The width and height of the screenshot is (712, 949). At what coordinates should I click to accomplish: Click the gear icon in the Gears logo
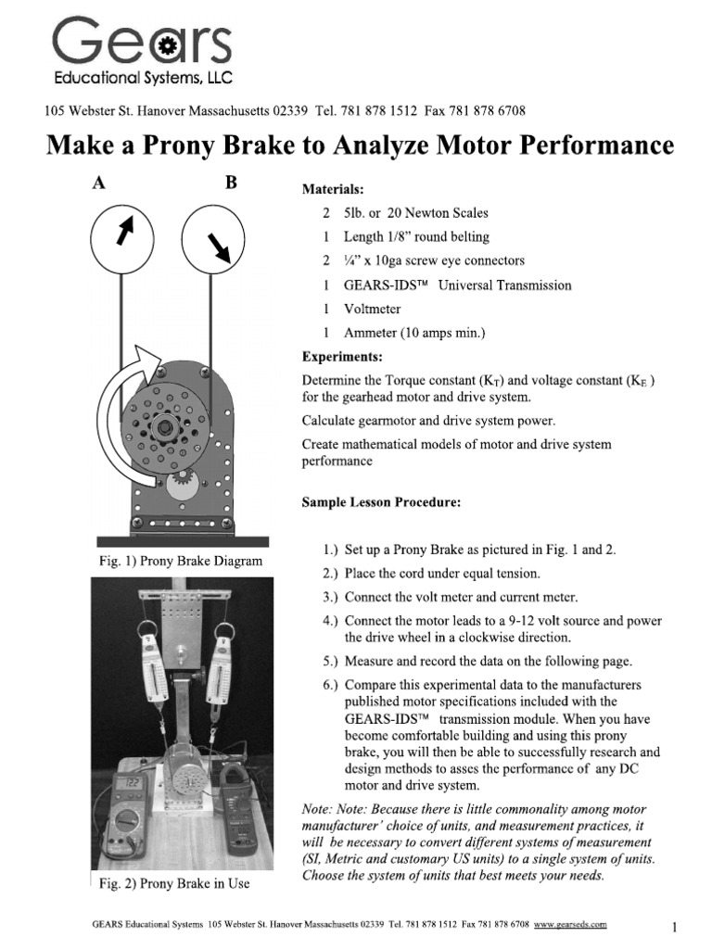coord(166,44)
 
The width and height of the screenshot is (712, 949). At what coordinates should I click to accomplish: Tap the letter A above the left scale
coord(97,183)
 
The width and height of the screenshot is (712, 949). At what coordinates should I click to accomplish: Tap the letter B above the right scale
coord(231,183)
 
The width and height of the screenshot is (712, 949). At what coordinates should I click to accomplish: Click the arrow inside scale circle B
coord(221,246)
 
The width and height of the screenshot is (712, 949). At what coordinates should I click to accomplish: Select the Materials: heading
coord(337,189)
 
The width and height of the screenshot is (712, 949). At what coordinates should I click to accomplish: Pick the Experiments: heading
coord(342,356)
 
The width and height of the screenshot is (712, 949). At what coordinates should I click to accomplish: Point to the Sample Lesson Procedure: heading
coord(381,502)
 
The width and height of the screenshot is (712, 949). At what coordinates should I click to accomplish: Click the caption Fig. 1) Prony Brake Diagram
coord(181,561)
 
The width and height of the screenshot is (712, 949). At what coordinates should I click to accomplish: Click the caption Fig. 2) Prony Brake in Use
coord(174,883)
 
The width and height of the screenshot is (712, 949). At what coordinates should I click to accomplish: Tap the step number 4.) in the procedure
coord(327,620)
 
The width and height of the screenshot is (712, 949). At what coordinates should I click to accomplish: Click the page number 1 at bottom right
coord(676,927)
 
